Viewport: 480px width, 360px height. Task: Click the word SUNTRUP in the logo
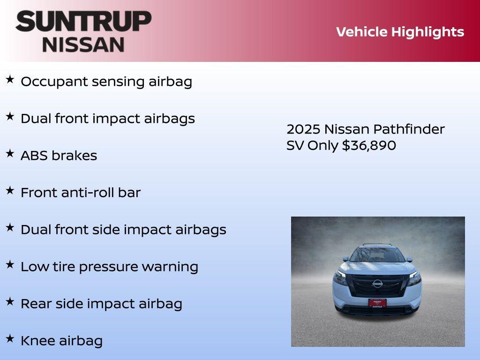[x=83, y=21]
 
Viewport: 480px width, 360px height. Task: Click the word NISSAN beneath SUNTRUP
[x=83, y=45]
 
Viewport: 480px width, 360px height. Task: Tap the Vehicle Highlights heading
[x=400, y=32]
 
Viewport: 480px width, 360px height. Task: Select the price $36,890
[x=369, y=145]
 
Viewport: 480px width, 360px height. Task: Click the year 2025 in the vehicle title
[x=303, y=129]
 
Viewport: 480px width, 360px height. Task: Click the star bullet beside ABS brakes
[x=10, y=153]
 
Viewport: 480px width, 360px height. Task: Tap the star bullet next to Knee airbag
[x=10, y=338]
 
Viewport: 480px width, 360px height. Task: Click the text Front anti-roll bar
[x=80, y=193]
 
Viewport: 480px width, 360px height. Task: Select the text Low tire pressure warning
[x=109, y=267]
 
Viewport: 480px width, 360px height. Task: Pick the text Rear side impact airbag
[x=101, y=304]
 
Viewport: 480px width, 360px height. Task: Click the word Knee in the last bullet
[x=36, y=341]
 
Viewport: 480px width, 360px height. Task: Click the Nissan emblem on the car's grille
[x=377, y=283]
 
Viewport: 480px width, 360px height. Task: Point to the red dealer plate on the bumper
[x=377, y=303]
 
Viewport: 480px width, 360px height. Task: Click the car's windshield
[x=377, y=255]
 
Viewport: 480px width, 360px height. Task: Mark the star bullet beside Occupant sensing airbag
[x=10, y=79]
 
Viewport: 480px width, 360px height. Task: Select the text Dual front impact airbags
[x=107, y=119]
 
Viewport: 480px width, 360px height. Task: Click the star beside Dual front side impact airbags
[x=10, y=227]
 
